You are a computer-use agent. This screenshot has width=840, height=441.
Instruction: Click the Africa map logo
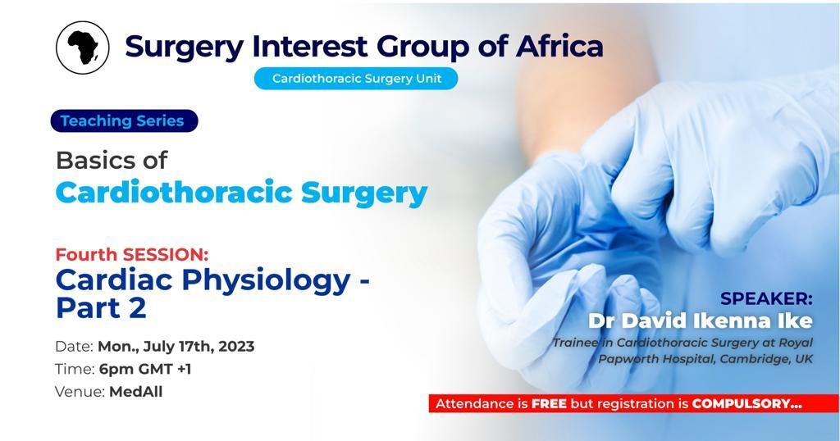(83, 47)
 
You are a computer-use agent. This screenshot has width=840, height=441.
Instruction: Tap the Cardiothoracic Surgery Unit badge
(356, 78)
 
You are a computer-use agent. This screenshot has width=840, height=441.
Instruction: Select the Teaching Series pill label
(124, 121)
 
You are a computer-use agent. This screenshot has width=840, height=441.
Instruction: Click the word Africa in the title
(559, 46)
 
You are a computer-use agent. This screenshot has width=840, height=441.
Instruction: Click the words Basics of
(112, 160)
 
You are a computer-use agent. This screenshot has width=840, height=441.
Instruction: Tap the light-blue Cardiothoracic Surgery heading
(242, 193)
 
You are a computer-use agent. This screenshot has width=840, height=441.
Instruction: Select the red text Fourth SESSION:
(132, 253)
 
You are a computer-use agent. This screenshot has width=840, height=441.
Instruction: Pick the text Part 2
(101, 308)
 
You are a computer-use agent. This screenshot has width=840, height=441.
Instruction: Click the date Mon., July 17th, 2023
(176, 346)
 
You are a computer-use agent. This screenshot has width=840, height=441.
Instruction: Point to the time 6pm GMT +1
(145, 369)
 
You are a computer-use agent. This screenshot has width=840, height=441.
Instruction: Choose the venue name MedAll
(135, 392)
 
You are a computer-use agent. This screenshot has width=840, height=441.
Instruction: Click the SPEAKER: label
(767, 298)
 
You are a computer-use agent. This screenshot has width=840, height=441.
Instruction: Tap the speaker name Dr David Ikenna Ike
(701, 321)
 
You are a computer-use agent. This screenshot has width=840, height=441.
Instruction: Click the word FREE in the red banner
(549, 404)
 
